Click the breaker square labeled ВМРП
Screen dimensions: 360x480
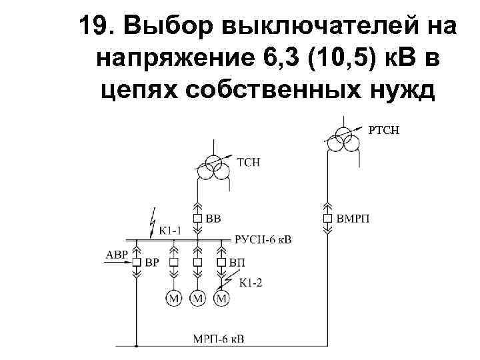point(327,218)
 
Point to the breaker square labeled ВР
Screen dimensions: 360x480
point(136,262)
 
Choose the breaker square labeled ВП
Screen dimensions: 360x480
point(221,262)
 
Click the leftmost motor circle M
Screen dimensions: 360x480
point(174,298)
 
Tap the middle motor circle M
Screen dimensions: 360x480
point(197,298)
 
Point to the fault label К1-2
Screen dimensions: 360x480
point(250,282)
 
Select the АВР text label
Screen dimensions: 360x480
point(115,254)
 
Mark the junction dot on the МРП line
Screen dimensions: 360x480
point(136,347)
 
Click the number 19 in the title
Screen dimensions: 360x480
point(93,27)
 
